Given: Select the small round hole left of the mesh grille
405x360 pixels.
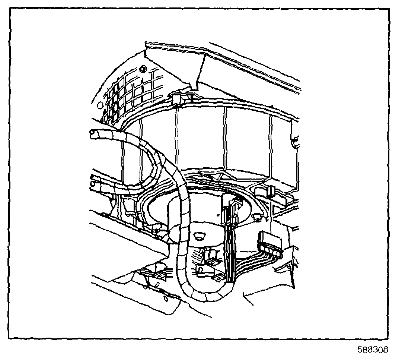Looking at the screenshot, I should [x=98, y=105].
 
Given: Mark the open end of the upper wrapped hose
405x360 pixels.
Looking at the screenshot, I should [x=93, y=133].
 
